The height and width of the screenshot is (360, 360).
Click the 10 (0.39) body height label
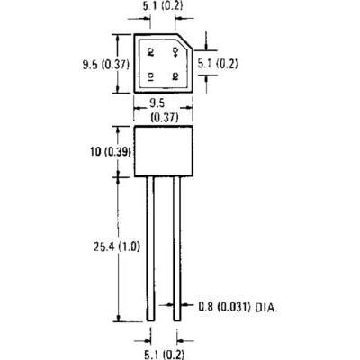pyautogui.click(x=111, y=152)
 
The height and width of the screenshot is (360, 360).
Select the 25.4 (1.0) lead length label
pyautogui.click(x=117, y=247)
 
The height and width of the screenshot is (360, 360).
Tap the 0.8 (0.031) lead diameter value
pyautogui.click(x=224, y=307)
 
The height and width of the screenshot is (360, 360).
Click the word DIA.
pyautogui.click(x=266, y=307)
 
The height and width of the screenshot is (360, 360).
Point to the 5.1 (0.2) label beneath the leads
pyautogui.click(x=164, y=355)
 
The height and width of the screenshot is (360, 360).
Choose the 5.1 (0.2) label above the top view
pyautogui.click(x=163, y=5)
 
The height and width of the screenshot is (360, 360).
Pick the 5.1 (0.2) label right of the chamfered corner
pyautogui.click(x=218, y=64)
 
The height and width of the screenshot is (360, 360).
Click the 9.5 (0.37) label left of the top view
pyautogui.click(x=106, y=65)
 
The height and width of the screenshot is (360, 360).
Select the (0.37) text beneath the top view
pyautogui.click(x=166, y=117)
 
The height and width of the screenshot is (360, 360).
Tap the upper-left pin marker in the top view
pyautogui.click(x=151, y=52)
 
